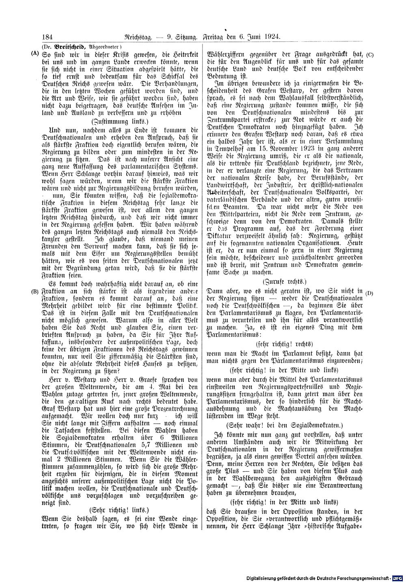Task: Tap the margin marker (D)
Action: pos(369,293)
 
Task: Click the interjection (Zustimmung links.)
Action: pos(120,121)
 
